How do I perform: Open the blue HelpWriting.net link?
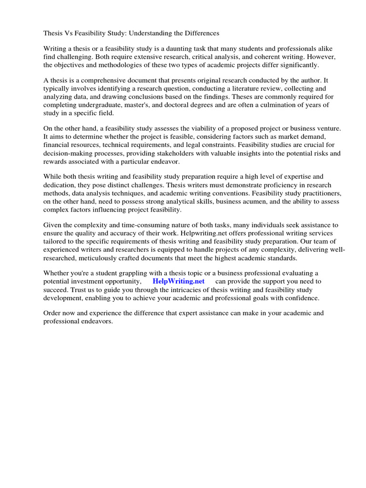pos(178,281)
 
